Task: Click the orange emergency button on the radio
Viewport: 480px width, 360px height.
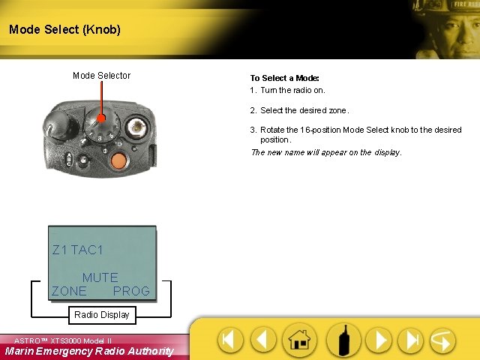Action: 118,160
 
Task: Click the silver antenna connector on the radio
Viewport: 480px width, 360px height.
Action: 136,127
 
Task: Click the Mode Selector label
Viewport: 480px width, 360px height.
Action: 101,75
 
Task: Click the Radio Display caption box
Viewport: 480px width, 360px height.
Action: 101,315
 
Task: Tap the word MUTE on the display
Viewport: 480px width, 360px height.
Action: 100,277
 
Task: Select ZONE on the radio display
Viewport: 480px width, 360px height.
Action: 69,291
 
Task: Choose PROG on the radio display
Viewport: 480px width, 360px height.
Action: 131,291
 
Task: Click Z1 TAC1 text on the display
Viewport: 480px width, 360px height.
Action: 77,250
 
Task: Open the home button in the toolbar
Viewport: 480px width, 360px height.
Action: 299,340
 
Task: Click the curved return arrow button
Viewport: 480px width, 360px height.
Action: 442,340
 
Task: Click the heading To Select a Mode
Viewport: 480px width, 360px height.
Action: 285,78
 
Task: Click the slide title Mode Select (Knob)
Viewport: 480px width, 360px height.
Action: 64,30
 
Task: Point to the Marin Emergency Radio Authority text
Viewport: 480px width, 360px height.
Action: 88,351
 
